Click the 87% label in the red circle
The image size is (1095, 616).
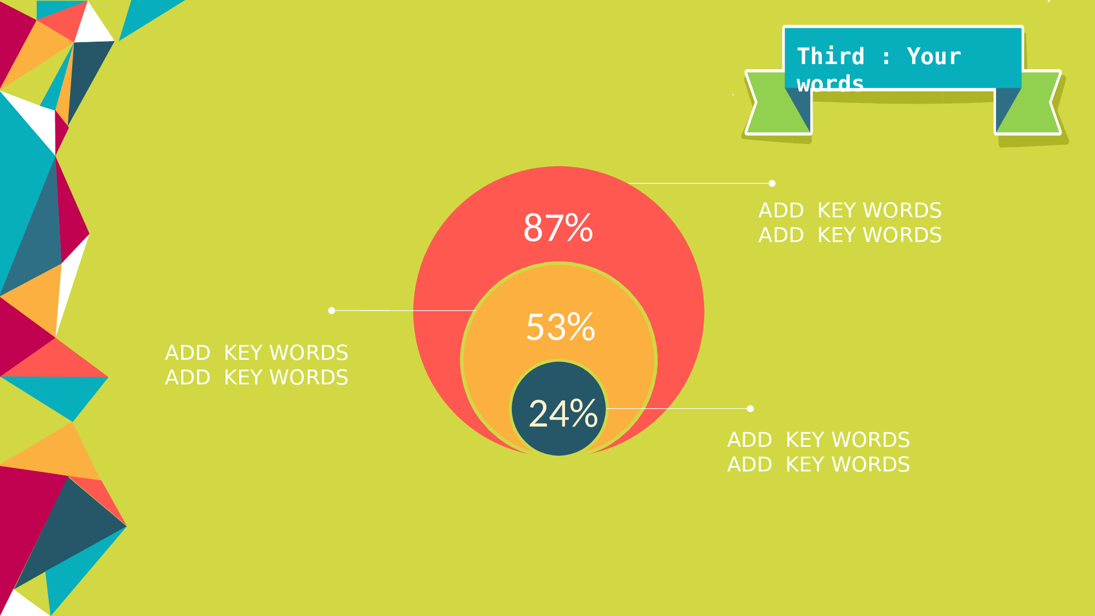point(558,228)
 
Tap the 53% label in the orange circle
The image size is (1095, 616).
point(560,327)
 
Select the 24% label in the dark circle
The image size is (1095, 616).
point(563,413)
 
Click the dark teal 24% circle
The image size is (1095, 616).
point(559,408)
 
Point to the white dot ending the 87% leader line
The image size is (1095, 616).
point(772,183)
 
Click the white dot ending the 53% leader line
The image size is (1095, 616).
point(331,310)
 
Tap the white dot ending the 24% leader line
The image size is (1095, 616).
point(750,408)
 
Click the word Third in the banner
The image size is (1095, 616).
point(831,56)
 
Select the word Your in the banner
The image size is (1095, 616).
point(934,56)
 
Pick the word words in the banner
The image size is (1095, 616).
point(831,83)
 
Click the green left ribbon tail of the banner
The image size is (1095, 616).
point(777,102)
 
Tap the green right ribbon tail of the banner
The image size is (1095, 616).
point(1028,102)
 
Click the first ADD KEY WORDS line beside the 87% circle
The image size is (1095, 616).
point(850,210)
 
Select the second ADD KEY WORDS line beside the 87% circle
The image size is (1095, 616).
point(850,235)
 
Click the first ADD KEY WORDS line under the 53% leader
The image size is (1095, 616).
point(256,353)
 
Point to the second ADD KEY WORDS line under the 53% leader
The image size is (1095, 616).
point(256,377)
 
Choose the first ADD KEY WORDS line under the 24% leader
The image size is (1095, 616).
point(819,440)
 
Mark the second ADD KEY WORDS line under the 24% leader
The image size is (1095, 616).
point(819,464)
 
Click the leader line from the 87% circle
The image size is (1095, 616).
point(699,183)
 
